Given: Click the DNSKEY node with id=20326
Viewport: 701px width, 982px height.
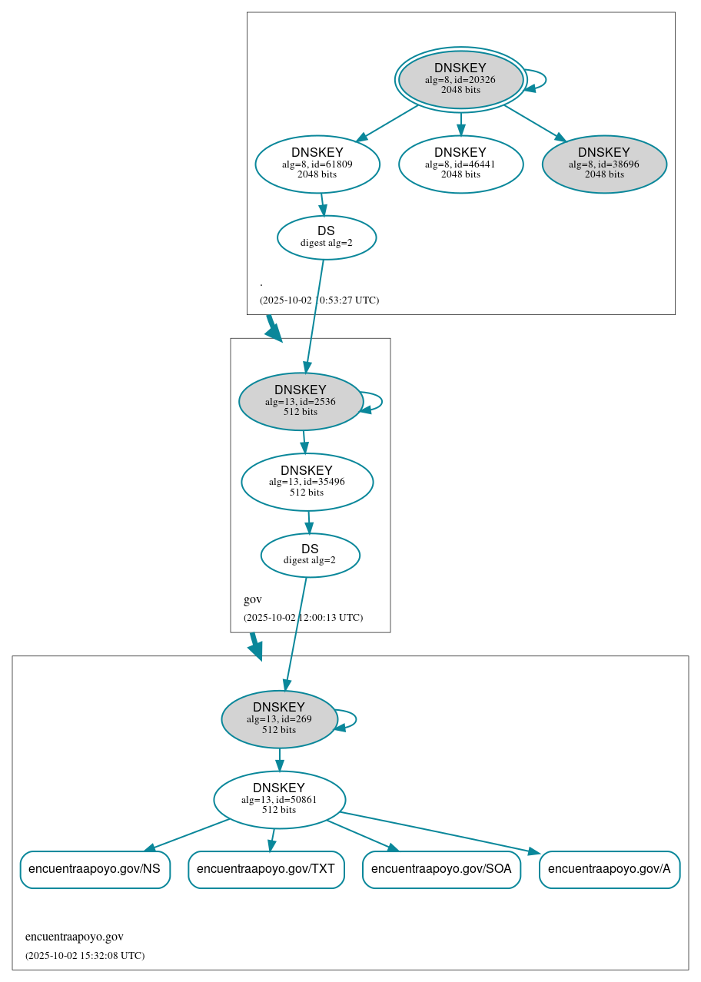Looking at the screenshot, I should point(460,79).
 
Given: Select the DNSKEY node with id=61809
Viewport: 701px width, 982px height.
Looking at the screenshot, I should point(317,164).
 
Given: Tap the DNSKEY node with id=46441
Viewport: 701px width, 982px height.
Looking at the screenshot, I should point(460,164).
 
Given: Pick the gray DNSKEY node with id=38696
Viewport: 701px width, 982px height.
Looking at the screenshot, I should point(603,164).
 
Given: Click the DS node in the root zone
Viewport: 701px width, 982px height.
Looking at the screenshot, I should point(326,237).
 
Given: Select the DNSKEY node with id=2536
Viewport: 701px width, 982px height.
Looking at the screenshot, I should point(301,401).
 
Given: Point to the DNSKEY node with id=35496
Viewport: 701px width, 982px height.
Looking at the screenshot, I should point(307,482).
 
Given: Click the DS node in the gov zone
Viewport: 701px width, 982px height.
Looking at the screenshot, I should point(310,555).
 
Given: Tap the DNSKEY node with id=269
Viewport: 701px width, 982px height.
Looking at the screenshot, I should point(279,718).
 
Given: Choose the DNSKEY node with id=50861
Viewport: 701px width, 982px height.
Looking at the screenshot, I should point(279,799).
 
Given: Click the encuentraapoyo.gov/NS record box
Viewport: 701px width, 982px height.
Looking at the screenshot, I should point(95,869).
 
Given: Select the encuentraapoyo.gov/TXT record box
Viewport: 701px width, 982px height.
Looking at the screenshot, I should point(266,869).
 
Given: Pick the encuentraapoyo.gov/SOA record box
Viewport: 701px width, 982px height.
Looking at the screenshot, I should point(441,869).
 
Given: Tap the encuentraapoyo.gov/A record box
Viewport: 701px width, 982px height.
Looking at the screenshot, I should point(610,869).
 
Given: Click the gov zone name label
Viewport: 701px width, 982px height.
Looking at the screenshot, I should point(253,599).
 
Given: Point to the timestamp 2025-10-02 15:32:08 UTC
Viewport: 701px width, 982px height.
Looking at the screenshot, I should point(85,955).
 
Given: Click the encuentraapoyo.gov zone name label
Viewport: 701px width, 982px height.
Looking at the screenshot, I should point(75,937).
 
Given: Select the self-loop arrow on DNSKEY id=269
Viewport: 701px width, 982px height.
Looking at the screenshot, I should point(355,719).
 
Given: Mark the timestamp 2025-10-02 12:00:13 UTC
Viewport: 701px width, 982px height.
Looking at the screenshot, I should point(303,617).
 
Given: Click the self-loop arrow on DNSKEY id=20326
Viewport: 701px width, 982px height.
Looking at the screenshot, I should point(545,79).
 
